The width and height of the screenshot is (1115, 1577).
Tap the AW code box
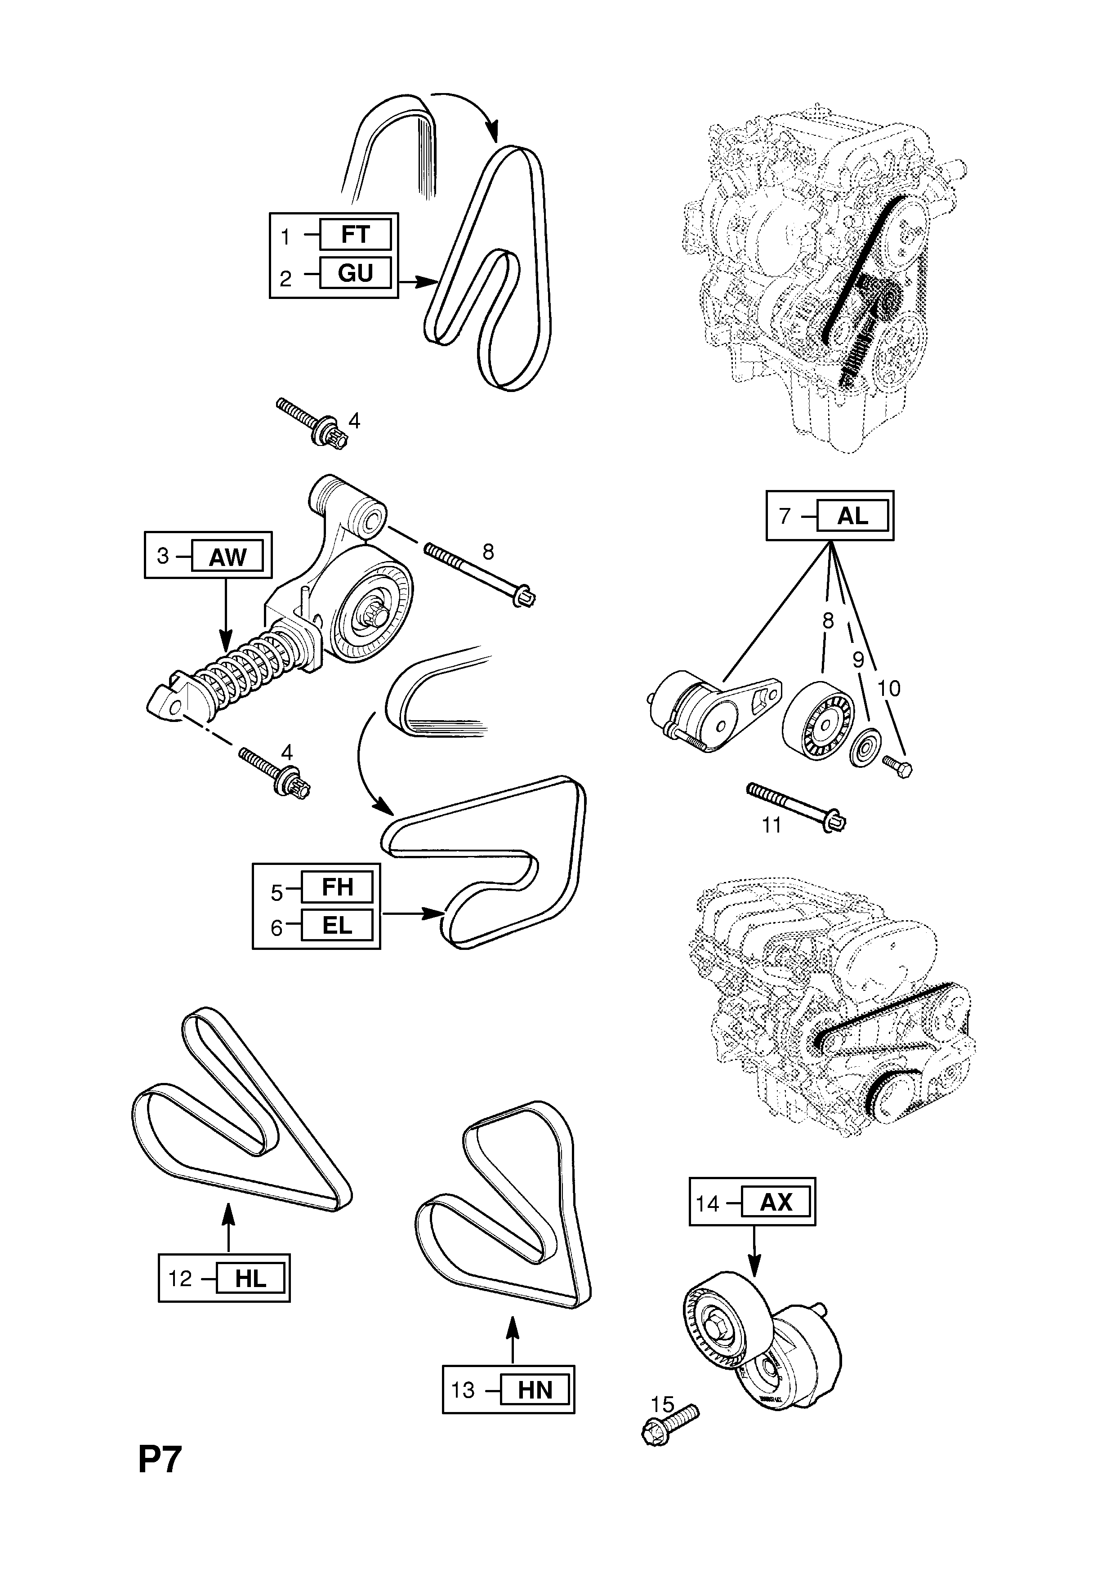(x=227, y=557)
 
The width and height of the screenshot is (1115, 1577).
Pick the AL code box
(x=852, y=515)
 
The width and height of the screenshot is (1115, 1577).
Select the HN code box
(x=535, y=1390)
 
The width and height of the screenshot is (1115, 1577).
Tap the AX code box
(x=776, y=1203)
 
